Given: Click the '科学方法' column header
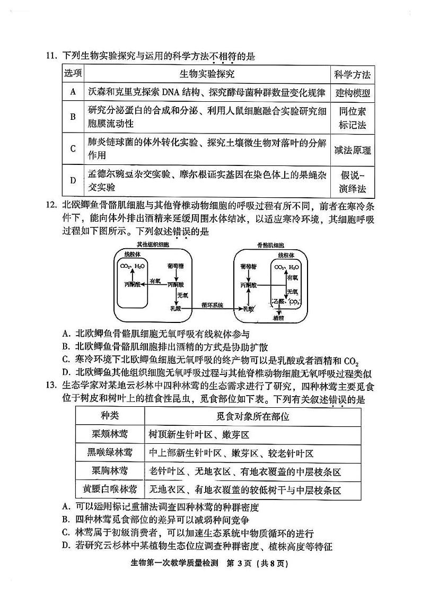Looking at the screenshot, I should [x=353, y=74].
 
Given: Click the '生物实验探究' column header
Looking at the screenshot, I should [x=207, y=74].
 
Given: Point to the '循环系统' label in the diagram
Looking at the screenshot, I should [x=212, y=305].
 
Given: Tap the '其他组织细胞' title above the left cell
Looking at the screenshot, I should [x=152, y=245].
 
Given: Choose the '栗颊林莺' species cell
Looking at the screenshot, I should [x=110, y=434].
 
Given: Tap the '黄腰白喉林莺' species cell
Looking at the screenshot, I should [x=110, y=489].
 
